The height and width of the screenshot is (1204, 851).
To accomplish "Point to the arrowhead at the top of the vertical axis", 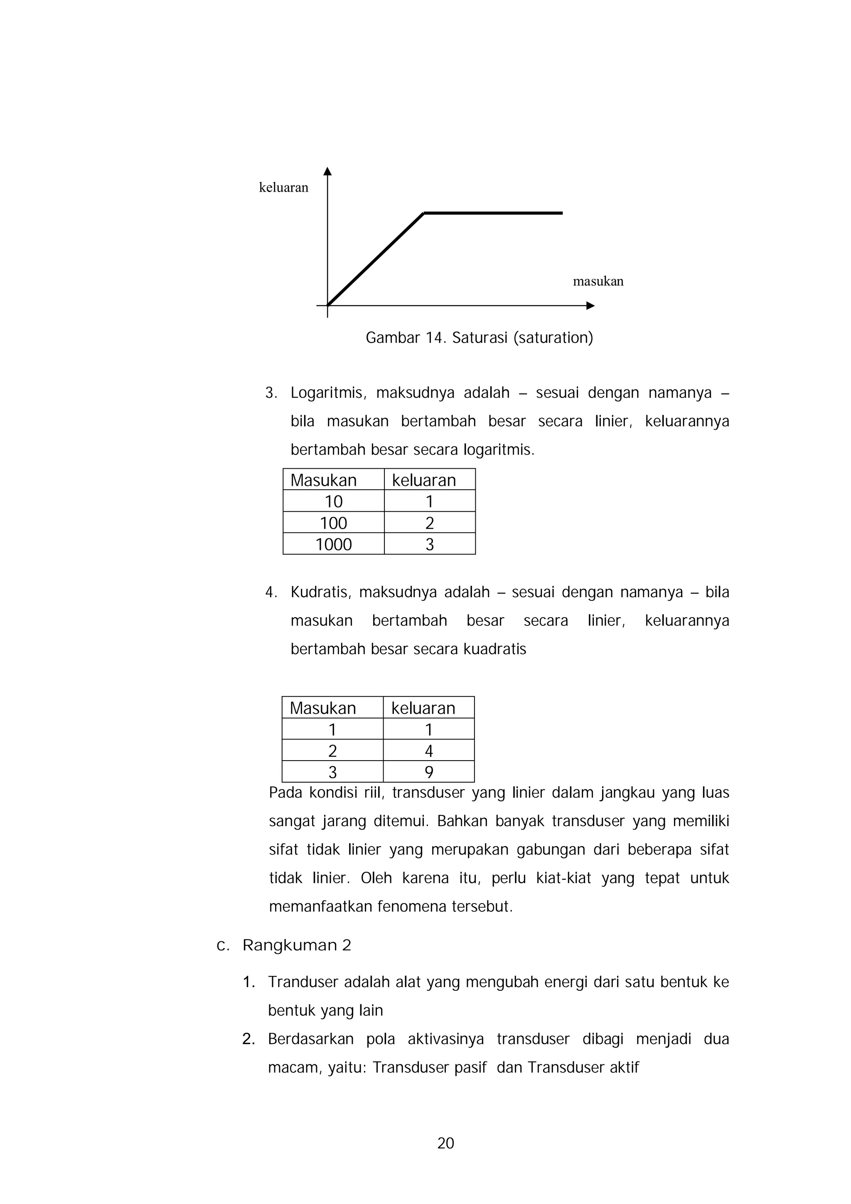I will coord(328,171).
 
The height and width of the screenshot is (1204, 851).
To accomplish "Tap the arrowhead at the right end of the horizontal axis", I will coord(590,306).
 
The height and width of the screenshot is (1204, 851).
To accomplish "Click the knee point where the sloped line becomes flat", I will coord(424,213).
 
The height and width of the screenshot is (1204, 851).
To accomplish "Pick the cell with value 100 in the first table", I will coord(334,522).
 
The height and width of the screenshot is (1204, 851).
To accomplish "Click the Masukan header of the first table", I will coord(324,480).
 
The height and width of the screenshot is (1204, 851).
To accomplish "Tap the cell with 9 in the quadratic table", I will coord(428,772).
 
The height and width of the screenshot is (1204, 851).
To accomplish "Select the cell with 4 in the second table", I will coord(428,751).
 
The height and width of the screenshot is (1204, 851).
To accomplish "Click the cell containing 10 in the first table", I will coord(334,501).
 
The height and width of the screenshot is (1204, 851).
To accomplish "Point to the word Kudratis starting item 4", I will coord(321,592).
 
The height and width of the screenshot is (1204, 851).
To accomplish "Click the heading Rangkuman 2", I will coord(296,945).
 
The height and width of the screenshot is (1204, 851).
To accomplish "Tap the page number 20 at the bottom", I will coord(446,1143).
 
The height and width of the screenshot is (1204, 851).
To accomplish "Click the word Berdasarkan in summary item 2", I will coord(310,1039).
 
